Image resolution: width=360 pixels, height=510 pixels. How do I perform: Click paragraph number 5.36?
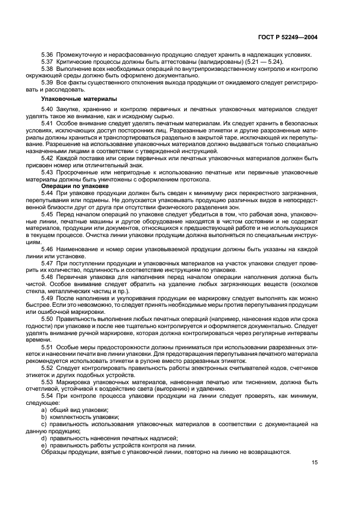point(48,54)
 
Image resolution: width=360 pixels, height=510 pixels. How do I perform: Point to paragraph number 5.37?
point(48,62)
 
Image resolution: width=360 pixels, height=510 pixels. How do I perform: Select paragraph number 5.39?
point(48,82)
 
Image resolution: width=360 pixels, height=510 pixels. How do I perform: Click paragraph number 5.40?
point(48,110)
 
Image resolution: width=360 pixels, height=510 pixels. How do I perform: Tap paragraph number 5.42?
point(48,158)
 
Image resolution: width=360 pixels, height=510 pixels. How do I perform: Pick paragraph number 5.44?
point(48,193)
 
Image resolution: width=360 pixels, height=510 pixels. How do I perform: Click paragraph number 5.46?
point(48,248)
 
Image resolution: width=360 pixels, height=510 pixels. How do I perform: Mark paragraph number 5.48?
point(48,276)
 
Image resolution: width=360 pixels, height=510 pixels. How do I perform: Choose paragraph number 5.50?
point(48,318)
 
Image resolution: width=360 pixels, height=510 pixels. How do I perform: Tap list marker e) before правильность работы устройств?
point(44,445)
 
